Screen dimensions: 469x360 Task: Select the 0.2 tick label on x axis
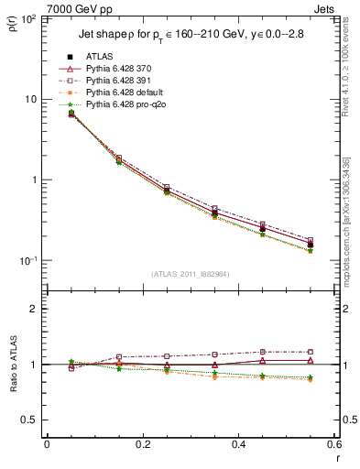(x=142, y=444)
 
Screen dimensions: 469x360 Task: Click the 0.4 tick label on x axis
(x=238, y=444)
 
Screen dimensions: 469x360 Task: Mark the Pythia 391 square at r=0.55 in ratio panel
(x=310, y=352)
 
